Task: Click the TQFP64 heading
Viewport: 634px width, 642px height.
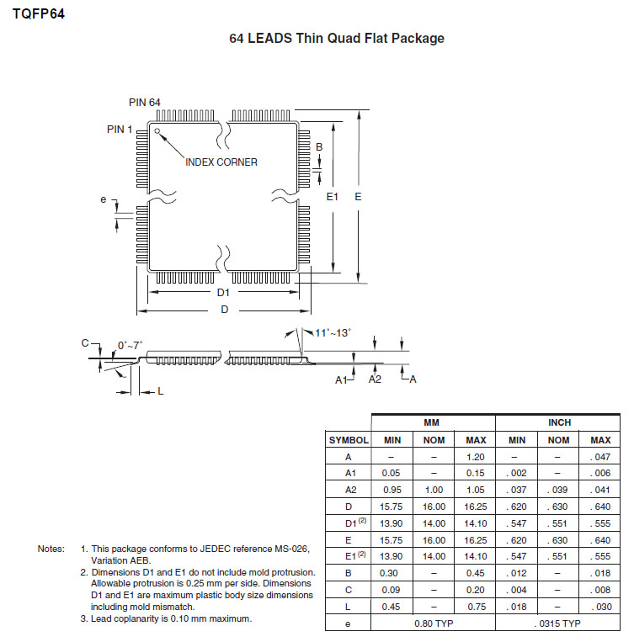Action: click(39, 13)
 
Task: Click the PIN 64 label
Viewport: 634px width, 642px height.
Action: click(145, 102)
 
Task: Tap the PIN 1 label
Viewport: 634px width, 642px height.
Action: click(120, 129)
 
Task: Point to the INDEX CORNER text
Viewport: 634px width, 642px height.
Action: click(221, 162)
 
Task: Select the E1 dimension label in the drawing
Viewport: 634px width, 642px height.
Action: click(332, 196)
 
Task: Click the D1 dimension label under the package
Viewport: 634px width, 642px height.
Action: click(223, 292)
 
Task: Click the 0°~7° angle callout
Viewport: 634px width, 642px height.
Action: click(130, 345)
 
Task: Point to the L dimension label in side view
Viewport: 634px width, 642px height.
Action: click(160, 391)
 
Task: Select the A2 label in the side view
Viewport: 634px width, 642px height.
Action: click(376, 379)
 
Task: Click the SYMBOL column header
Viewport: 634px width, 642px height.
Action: click(349, 440)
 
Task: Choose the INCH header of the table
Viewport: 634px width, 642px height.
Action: click(559, 422)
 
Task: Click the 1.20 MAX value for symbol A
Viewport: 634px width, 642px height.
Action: click(476, 457)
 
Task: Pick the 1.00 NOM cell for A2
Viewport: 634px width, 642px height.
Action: click(434, 490)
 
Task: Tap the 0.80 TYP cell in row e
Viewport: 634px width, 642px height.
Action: click(434, 623)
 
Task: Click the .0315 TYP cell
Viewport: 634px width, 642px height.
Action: click(559, 623)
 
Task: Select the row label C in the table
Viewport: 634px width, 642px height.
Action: click(349, 589)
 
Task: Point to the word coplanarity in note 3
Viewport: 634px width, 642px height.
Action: click(134, 619)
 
